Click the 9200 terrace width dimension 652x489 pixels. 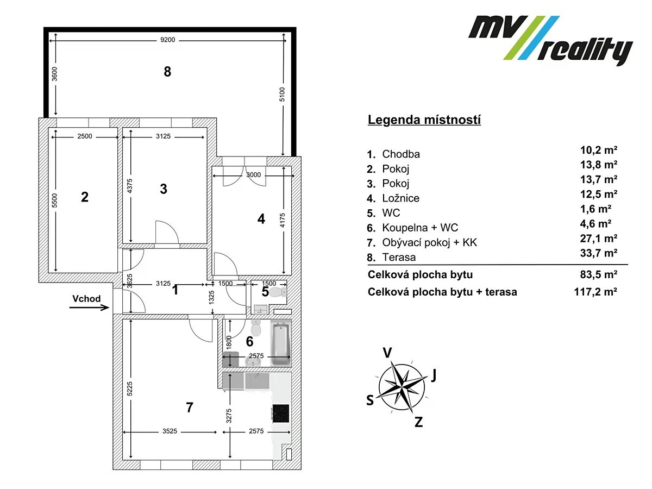(167, 40)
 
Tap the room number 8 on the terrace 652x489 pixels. (167, 72)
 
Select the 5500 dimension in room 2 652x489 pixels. (54, 200)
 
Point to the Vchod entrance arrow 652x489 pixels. (89, 308)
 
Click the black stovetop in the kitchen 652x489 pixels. (281, 413)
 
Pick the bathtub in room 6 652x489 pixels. (281, 344)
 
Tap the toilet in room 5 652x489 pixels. (278, 291)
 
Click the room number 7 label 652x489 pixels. (190, 407)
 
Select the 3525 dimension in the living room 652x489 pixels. (170, 431)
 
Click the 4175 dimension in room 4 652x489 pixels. (282, 220)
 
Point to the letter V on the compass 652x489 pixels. (387, 353)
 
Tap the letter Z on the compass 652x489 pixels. (418, 422)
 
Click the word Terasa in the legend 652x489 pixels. (399, 257)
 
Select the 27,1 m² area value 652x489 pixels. (599, 238)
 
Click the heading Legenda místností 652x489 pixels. (424, 120)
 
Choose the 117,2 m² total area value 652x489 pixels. (595, 292)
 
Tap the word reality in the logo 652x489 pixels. (585, 51)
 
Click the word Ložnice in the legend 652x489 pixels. (400, 198)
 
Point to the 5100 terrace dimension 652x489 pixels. (282, 95)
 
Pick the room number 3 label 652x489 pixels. (164, 189)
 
